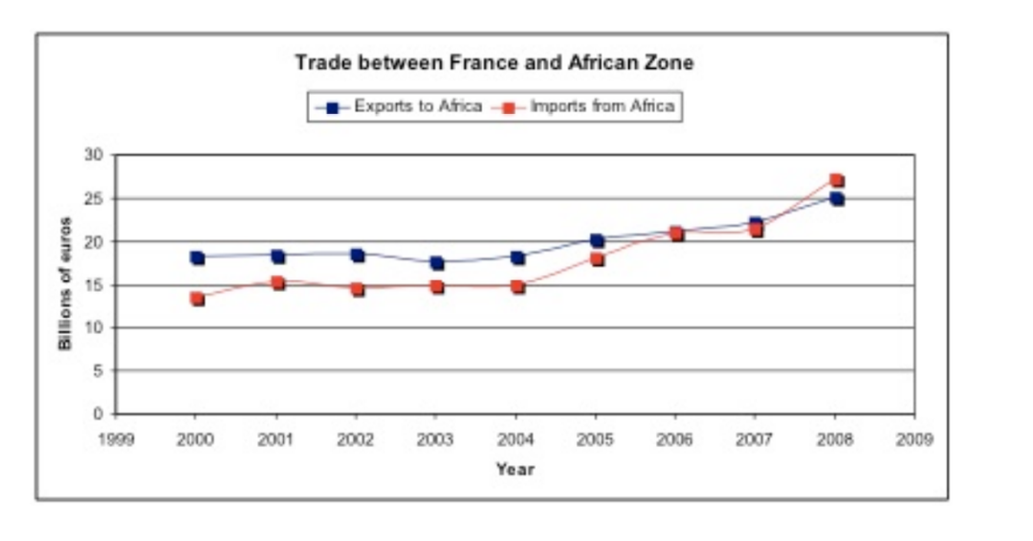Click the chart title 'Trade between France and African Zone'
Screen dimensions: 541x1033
point(494,63)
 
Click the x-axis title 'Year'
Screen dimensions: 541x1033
point(515,469)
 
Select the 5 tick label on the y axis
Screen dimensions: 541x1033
point(98,371)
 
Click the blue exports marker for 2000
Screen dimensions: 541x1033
point(197,258)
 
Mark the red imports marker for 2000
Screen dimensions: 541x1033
point(197,299)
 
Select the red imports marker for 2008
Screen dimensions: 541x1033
point(836,180)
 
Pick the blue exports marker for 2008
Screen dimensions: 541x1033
point(836,199)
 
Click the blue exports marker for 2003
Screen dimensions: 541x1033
point(436,262)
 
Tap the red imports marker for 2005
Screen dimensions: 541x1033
point(596,259)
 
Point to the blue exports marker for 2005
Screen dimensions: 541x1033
point(596,240)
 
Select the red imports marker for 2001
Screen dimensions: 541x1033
point(276,283)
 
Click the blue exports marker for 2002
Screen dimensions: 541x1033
point(357,255)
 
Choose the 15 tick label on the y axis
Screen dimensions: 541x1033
point(95,284)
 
